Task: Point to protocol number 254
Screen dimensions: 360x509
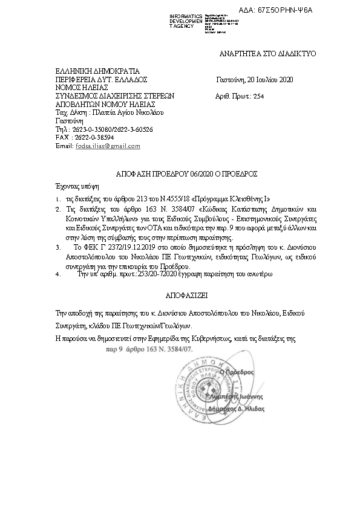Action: click(x=258, y=96)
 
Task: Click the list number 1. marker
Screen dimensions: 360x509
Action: click(x=57, y=199)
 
